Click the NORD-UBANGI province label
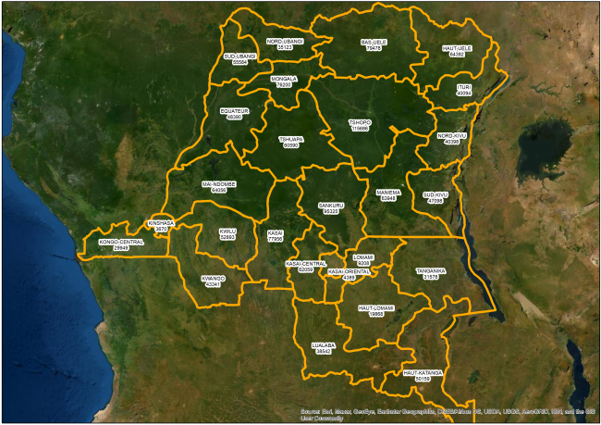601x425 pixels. coord(286,44)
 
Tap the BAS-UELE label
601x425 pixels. coord(374,44)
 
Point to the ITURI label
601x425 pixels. coord(464,90)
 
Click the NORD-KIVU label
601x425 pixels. coord(452,139)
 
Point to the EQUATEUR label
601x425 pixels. coord(235,114)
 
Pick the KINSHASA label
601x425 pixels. coord(161,225)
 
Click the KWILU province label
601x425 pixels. coord(227,234)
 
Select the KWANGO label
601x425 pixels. coord(214,281)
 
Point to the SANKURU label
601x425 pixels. coord(331,208)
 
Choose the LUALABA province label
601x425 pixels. coord(323,348)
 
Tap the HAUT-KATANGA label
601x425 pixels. coord(423,375)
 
